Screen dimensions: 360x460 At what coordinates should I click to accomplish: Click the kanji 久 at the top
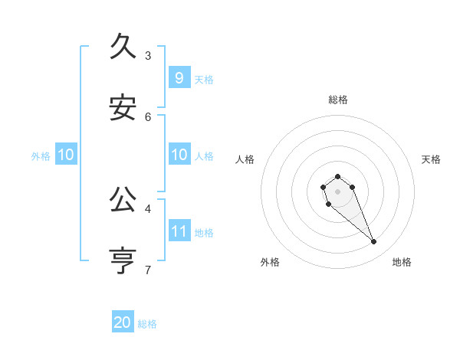tap(124, 47)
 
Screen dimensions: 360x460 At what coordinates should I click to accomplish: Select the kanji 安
tap(124, 109)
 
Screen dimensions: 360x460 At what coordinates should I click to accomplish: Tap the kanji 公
tap(124, 200)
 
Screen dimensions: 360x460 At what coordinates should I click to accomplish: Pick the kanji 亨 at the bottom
tap(124, 261)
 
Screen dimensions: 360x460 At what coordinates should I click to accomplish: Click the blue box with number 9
tap(179, 77)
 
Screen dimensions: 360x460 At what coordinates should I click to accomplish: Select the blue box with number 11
tap(179, 231)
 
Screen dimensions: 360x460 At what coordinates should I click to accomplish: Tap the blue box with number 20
tap(123, 322)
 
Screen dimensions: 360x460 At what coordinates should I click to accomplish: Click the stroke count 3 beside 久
tap(148, 55)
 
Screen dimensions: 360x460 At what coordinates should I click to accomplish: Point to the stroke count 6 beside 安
tap(148, 116)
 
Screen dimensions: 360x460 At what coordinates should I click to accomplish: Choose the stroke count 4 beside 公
tap(148, 208)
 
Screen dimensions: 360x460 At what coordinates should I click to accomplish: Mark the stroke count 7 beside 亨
tap(148, 269)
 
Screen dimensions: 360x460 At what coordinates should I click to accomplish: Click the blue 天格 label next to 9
tap(204, 79)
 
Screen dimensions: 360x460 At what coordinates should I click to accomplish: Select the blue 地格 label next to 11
tap(204, 232)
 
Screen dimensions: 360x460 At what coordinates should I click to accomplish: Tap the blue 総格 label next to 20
tap(147, 324)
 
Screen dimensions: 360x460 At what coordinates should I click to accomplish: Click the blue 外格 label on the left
tap(41, 156)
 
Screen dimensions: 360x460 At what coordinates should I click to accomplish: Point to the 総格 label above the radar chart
tap(337, 100)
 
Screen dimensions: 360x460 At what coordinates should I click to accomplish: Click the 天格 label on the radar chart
tap(432, 159)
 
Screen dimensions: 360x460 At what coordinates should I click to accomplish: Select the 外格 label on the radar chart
tap(269, 262)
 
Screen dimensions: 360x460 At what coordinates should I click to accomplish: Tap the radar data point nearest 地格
tap(374, 242)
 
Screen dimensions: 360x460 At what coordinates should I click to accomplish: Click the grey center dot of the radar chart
tap(337, 191)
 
